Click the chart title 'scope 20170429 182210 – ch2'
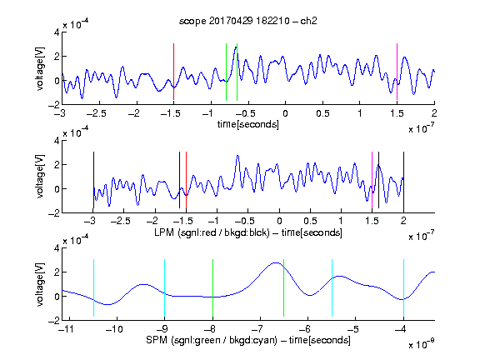pos(248,21)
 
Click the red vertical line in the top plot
pos(173,72)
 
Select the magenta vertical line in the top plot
pos(397,72)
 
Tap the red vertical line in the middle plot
pos(186,180)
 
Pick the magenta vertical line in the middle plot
pos(372,180)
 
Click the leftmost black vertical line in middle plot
pos(93,180)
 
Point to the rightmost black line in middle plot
pos(403,180)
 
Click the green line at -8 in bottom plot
pos(212,287)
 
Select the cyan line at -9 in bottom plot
pos(164,287)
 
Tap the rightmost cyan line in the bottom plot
pos(403,287)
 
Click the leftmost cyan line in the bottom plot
pos(93,287)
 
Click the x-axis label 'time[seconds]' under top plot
pos(248,124)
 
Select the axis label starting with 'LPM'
pos(248,232)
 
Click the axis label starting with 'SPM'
pos(248,340)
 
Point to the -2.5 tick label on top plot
pos(96,113)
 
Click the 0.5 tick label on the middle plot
pos(310,221)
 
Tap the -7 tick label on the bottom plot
pos(259,329)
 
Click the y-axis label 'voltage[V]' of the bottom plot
pos(40,284)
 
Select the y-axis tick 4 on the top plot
pos(57,32)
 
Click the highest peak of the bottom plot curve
pos(276,262)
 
